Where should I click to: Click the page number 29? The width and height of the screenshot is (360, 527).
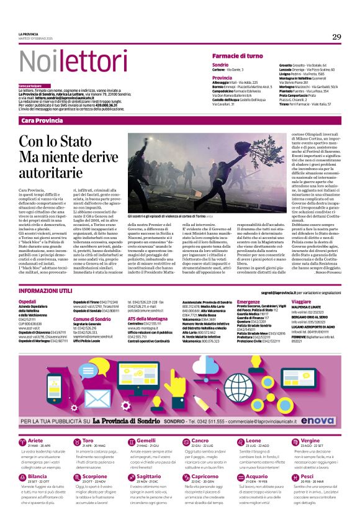(x=336, y=37)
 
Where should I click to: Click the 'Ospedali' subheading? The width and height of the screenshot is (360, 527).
(x=28, y=302)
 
